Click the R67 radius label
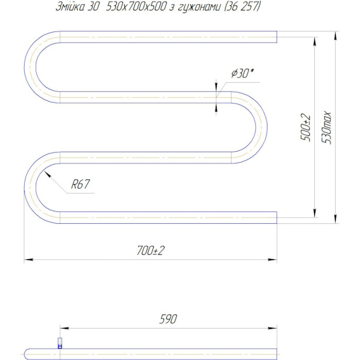(x=80, y=184)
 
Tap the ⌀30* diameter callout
(x=242, y=74)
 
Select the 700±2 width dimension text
(x=151, y=250)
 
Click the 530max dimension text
(x=326, y=128)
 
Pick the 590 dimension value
(x=168, y=319)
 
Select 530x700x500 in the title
(x=136, y=6)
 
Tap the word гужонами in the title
(x=199, y=7)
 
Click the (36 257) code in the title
(x=242, y=6)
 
